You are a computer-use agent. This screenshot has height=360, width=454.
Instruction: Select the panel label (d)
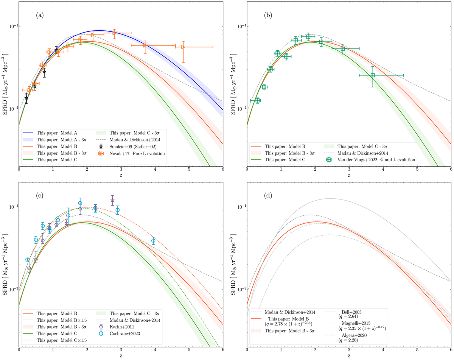267,196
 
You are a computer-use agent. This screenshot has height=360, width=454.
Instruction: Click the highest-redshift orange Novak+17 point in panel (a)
183,47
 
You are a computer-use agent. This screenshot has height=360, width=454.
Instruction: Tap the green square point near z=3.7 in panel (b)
373,75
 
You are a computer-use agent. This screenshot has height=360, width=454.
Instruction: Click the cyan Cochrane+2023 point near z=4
153,240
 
